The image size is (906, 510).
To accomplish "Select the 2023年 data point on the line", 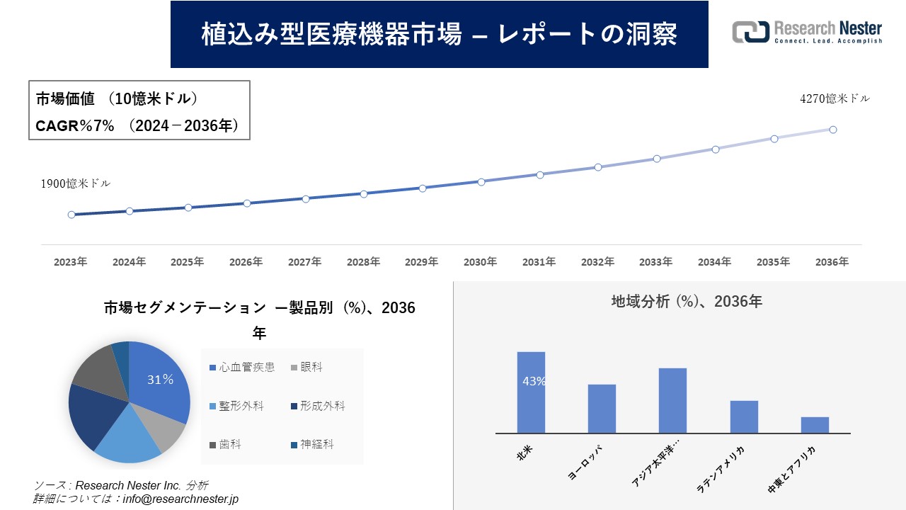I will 71,215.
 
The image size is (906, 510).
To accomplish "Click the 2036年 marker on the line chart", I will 833,130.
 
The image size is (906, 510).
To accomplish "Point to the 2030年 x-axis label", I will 480,262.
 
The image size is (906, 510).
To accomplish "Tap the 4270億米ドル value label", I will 835,99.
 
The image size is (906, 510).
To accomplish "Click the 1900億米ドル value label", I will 75,183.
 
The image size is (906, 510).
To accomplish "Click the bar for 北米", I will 531,392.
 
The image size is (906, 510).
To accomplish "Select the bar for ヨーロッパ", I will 602,409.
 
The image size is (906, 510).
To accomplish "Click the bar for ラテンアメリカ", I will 744,417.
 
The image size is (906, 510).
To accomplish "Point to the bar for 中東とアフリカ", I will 815,425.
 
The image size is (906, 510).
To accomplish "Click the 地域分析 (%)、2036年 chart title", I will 686,301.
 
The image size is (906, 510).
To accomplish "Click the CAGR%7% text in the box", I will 74,126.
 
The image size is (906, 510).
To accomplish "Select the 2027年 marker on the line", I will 306,199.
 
